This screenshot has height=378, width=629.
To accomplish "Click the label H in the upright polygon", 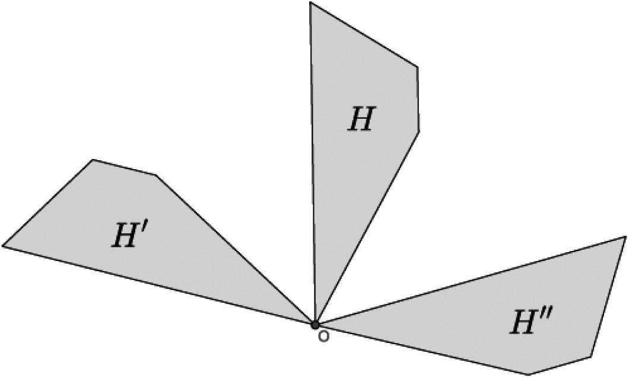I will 360,120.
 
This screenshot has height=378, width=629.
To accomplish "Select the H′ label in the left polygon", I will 129,236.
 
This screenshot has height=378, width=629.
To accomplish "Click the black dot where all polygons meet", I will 315,324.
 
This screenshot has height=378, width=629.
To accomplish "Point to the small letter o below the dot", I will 323,336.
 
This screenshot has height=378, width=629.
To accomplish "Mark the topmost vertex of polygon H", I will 310,3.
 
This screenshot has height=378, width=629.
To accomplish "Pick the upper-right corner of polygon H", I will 418,68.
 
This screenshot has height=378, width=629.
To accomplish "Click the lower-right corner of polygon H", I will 419,131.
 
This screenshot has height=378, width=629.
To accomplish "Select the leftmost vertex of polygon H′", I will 3,245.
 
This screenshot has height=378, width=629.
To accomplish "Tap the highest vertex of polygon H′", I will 93,160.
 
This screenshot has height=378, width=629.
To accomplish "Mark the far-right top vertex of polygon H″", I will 625,237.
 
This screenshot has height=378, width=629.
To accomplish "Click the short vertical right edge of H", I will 418,99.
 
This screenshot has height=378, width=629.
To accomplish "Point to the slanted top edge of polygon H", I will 364,35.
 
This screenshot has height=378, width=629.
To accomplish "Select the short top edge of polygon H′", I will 124,167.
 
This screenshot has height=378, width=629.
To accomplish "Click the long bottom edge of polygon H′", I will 159,285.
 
